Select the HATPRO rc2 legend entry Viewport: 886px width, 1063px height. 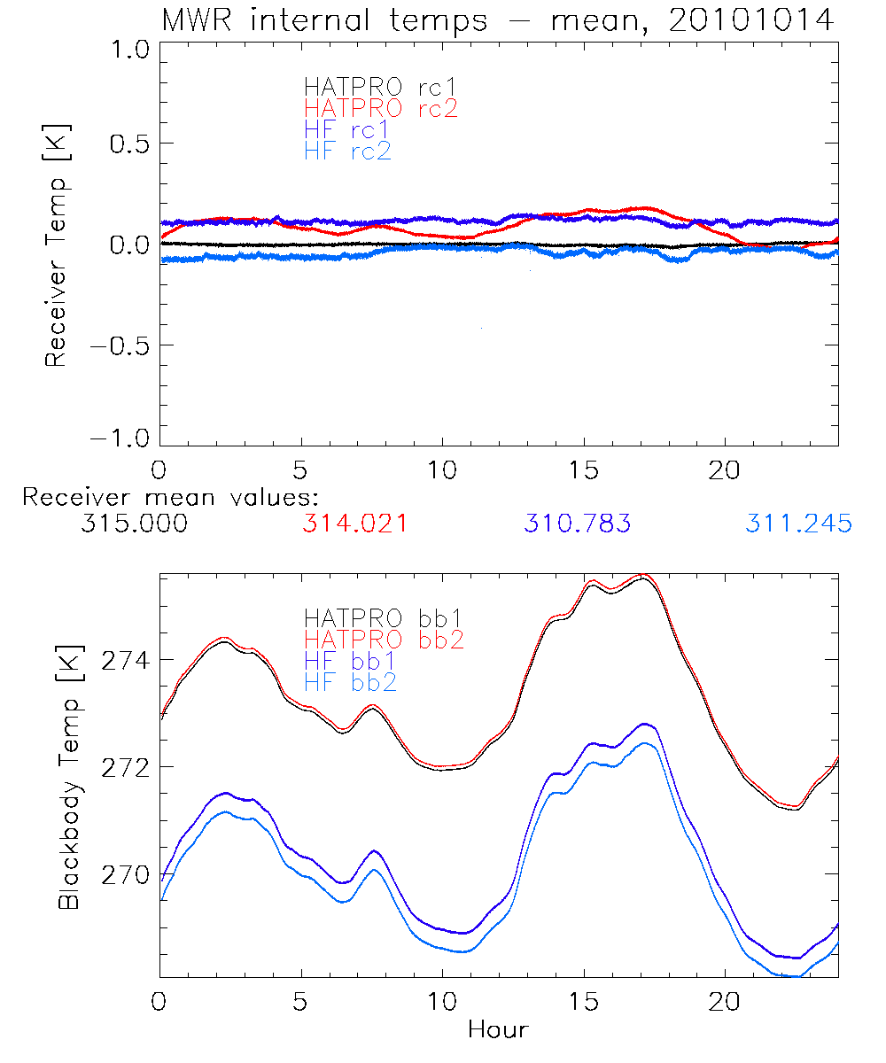click(380, 109)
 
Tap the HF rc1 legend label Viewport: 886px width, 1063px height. click(346, 130)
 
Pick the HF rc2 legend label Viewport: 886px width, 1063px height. click(346, 151)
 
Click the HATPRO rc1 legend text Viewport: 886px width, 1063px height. click(380, 88)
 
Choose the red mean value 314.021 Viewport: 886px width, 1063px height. click(354, 524)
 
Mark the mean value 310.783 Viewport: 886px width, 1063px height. click(577, 524)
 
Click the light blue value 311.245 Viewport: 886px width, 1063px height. click(798, 524)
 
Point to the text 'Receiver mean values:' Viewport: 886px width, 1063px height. click(170, 497)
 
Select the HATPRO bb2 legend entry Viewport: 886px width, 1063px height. click(384, 639)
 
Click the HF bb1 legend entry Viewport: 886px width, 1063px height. click(349, 660)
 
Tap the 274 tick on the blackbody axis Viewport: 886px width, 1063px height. click(126, 661)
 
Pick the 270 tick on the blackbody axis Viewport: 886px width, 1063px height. click(126, 874)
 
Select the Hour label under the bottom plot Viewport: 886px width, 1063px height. click(498, 1030)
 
